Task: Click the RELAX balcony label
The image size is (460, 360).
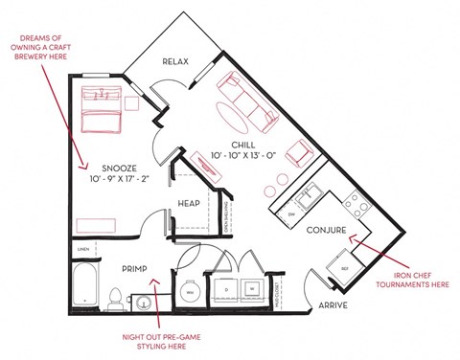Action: (175, 62)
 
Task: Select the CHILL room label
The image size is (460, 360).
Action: (243, 145)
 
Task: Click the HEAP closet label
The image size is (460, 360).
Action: (189, 204)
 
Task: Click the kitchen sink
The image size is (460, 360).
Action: (310, 198)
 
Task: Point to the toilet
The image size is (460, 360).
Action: (115, 297)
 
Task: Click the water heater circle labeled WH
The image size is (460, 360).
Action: (190, 291)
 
